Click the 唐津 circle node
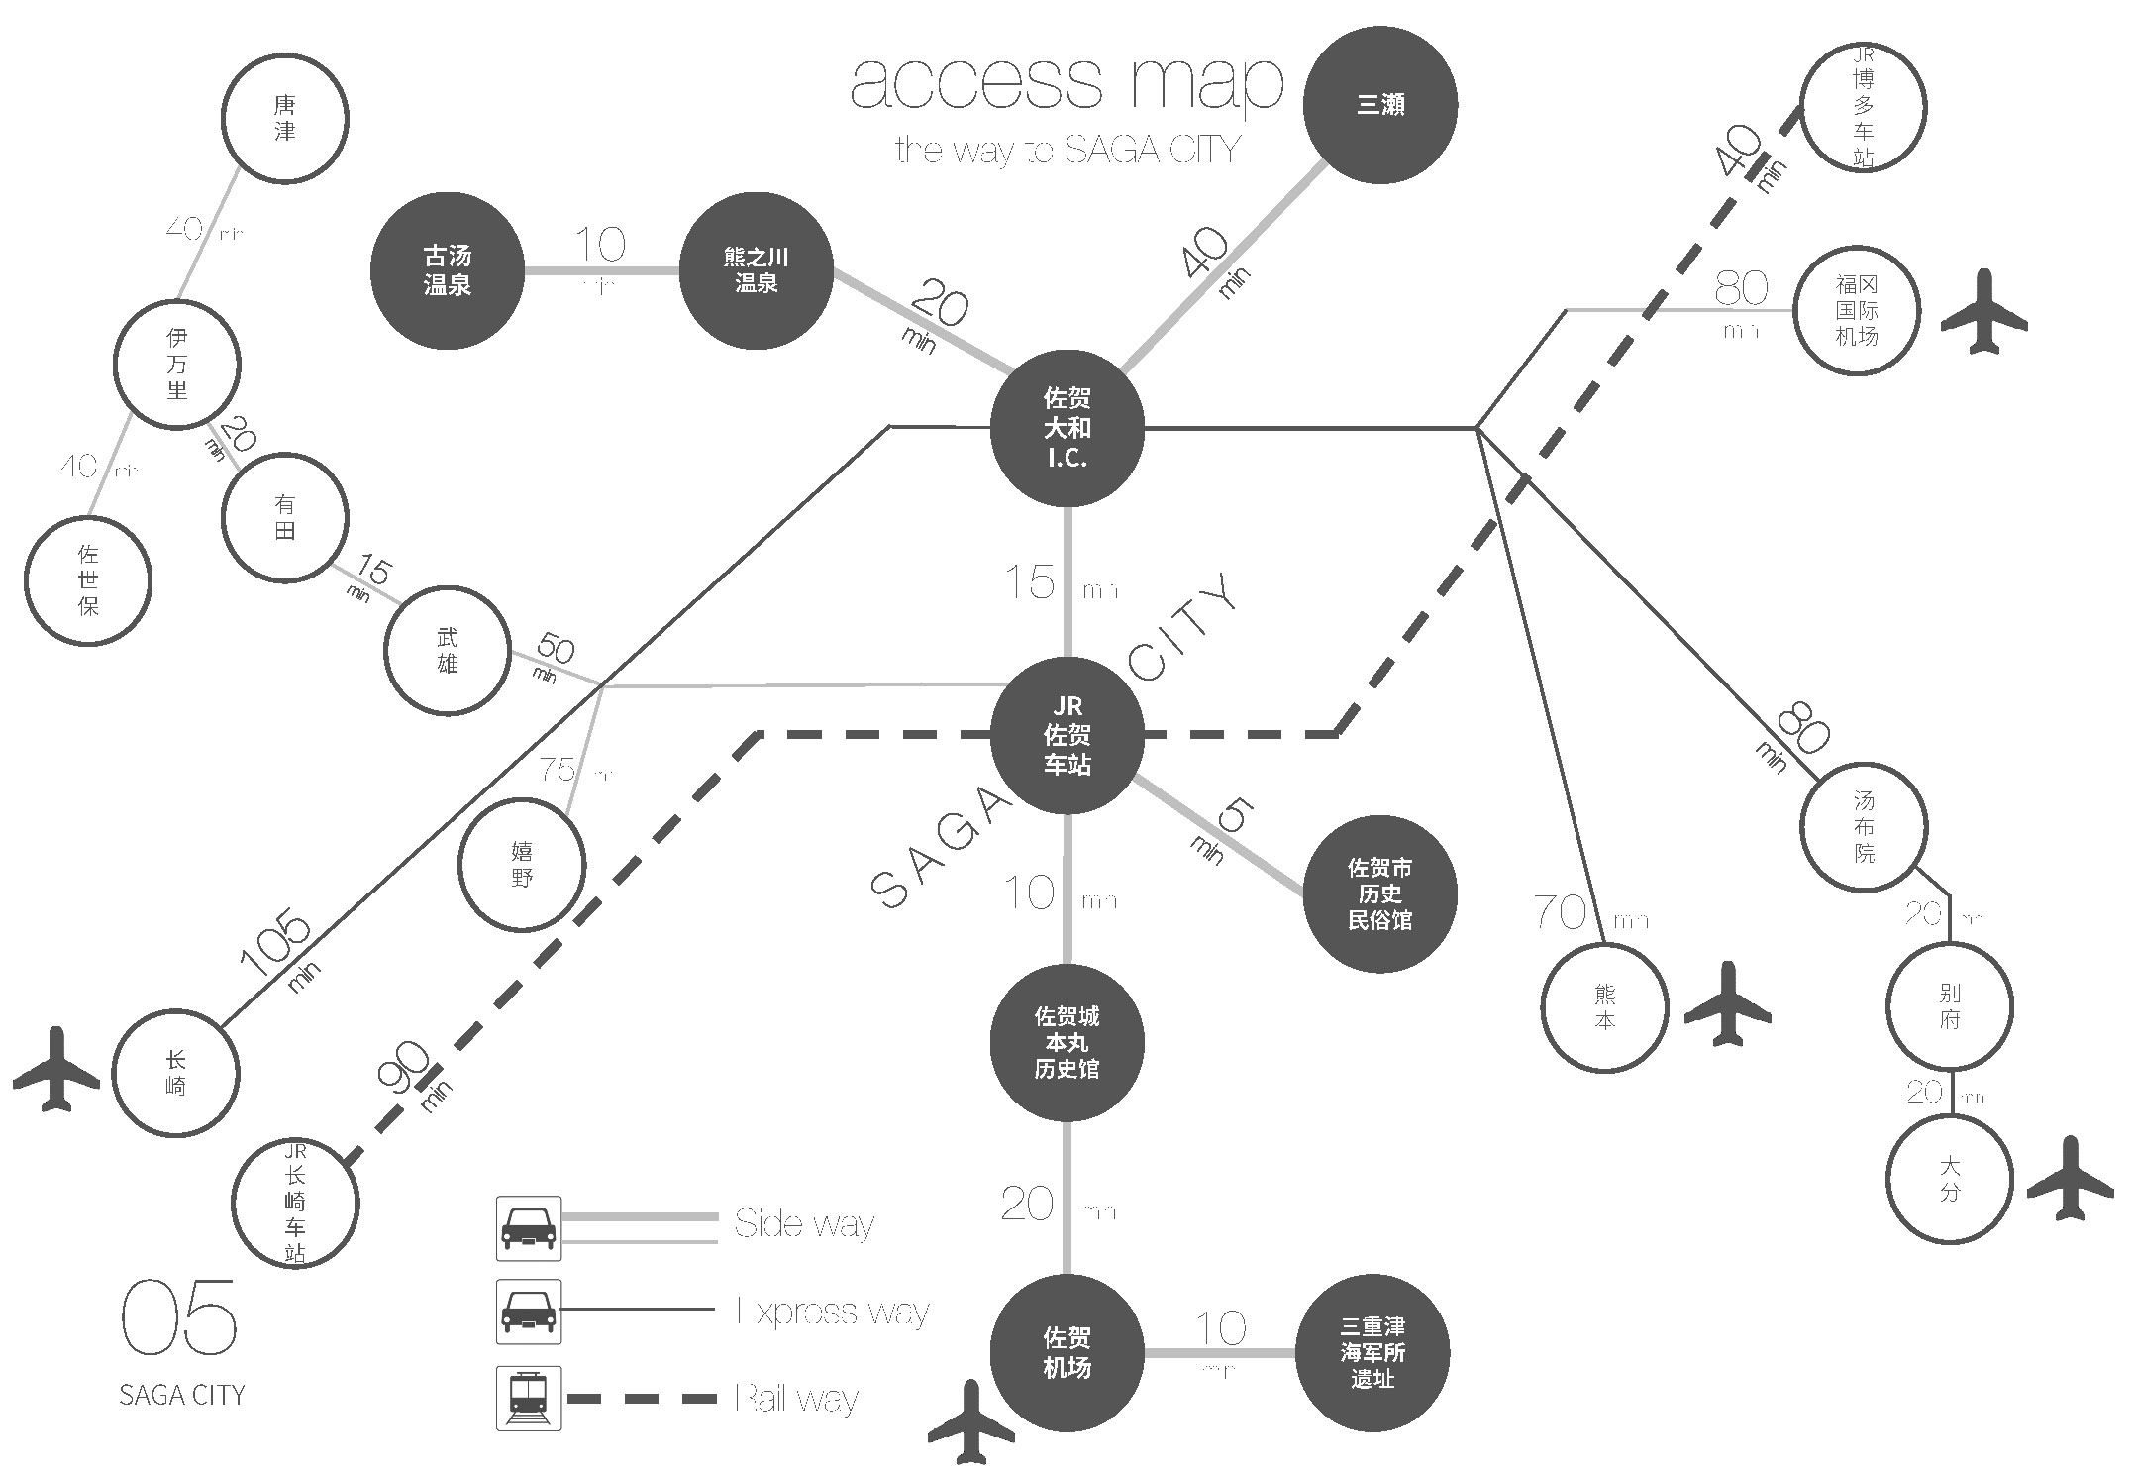tap(284, 118)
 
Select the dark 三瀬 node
tap(1379, 105)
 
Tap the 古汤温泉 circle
tap(448, 270)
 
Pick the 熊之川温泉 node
tap(756, 270)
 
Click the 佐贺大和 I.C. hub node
tap(1067, 428)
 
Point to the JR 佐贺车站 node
tap(1067, 735)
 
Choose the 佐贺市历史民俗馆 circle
tap(1379, 893)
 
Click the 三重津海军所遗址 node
tap(1372, 1352)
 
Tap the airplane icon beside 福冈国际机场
tap(1983, 311)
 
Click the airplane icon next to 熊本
tap(1728, 1002)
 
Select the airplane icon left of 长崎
tap(56, 1069)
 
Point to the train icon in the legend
tap(529, 1398)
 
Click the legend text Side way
tap(804, 1224)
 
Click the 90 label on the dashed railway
tap(403, 1067)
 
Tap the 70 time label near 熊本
tap(1560, 912)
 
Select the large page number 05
tap(179, 1316)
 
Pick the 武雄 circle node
tap(448, 650)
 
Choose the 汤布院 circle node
tap(1864, 826)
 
